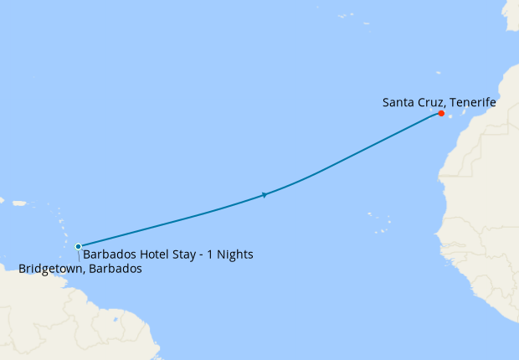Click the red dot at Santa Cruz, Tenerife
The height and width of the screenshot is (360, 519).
pos(441,114)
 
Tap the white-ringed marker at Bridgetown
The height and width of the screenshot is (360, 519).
pos(78,246)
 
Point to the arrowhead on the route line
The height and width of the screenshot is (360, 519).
pos(265,195)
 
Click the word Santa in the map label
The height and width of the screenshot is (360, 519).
pos(398,102)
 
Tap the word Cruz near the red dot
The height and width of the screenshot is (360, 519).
pos(429,102)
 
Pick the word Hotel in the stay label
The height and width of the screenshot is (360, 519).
pos(152,255)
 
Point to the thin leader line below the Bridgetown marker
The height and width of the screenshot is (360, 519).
pos(80,256)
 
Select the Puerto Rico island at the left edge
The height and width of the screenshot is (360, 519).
pos(18,202)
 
